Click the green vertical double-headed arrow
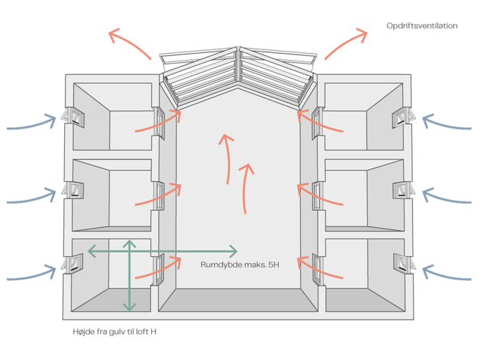[128, 275]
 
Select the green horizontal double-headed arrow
[162, 251]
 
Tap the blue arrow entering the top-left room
[32, 124]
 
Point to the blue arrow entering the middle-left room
[32, 196]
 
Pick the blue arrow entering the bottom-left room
[32, 272]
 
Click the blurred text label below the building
[109, 330]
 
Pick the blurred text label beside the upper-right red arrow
[422, 25]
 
